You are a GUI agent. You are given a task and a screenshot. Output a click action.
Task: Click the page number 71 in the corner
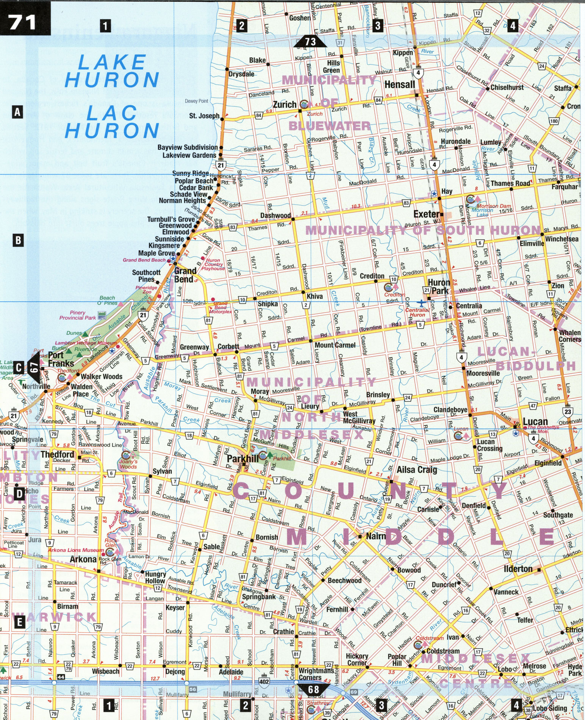(x=23, y=22)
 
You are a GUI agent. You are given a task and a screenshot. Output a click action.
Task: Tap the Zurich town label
(x=285, y=105)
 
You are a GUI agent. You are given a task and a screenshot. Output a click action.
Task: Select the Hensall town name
(x=400, y=84)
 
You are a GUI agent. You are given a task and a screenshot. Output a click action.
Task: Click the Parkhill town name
(x=242, y=459)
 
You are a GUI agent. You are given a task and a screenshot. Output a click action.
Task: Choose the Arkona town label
(x=83, y=559)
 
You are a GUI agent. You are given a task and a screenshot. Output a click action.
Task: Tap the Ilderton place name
(x=518, y=569)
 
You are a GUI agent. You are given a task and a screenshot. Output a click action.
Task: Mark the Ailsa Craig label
(x=417, y=470)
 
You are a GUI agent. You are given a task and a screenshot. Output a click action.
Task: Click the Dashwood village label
(x=275, y=215)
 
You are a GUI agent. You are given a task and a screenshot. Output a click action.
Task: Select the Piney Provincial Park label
(x=78, y=315)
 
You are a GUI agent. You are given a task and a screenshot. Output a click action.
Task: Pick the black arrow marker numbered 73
(x=310, y=41)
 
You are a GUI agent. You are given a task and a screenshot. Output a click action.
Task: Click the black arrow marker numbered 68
(x=313, y=689)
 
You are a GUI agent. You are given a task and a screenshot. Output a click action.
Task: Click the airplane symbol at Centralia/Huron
(x=421, y=303)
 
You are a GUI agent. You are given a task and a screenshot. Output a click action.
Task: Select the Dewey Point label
(x=196, y=101)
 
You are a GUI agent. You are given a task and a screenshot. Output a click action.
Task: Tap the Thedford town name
(x=57, y=454)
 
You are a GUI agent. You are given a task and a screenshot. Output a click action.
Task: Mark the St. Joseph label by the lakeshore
(x=204, y=116)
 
